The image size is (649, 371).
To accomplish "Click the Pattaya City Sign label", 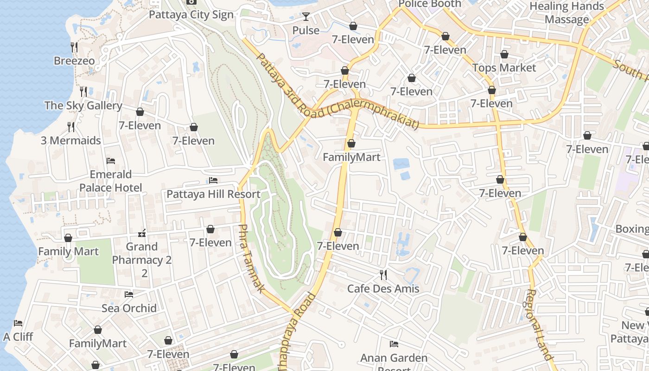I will tap(191, 15).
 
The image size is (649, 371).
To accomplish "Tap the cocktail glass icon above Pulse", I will tap(305, 17).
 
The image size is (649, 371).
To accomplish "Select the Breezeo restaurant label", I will tap(74, 61).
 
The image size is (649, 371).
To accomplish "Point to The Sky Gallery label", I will tap(83, 105).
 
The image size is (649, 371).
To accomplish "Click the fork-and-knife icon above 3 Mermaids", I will tap(71, 127).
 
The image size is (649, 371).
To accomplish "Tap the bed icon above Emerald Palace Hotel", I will tap(111, 161).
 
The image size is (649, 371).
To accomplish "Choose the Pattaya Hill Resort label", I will tap(213, 194).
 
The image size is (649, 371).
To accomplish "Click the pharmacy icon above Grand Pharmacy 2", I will tap(142, 233).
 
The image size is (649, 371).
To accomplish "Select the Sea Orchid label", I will tap(129, 308).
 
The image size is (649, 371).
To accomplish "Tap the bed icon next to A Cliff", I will tap(18, 323).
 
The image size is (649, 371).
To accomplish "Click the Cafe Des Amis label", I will tap(383, 288).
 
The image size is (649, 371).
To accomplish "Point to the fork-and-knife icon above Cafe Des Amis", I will tap(383, 275).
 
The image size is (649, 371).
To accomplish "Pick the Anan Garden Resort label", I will tap(394, 358).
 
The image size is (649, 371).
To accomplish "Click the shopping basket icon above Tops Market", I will tap(504, 54).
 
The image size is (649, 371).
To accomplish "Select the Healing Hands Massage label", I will tap(566, 13).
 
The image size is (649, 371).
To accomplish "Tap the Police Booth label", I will tap(430, 4).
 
